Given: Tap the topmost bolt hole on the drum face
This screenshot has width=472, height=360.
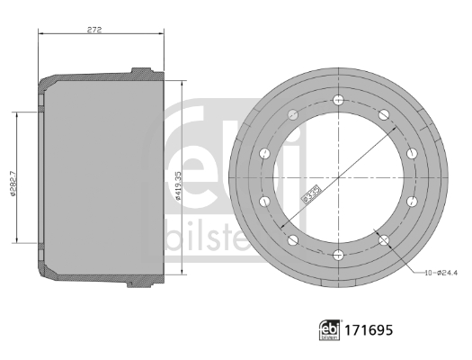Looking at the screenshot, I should point(338,100).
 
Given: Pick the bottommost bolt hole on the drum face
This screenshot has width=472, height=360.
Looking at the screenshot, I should point(338,255).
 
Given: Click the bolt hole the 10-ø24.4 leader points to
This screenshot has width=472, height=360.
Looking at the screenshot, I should point(384,240).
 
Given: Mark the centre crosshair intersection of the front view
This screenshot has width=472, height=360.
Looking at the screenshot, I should point(338,177).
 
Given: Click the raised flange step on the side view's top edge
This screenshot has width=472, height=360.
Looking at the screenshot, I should point(139,70).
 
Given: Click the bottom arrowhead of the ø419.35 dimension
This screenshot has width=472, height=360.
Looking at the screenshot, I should point(183,276).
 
